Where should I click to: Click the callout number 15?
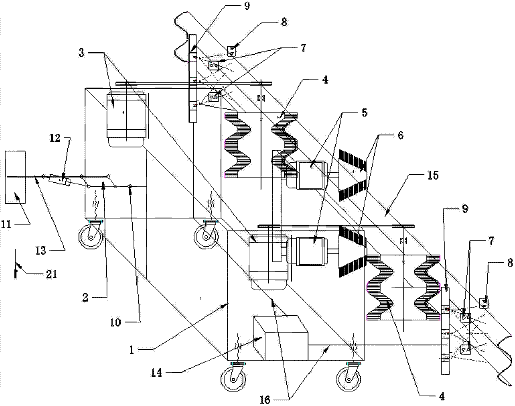[433, 175]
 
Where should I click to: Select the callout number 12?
[55, 138]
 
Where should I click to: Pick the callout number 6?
[400, 135]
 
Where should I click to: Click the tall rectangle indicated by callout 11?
[15, 177]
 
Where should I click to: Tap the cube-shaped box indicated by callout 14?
[281, 338]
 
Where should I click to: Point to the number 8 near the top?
[284, 22]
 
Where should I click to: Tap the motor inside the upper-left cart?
[126, 119]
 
